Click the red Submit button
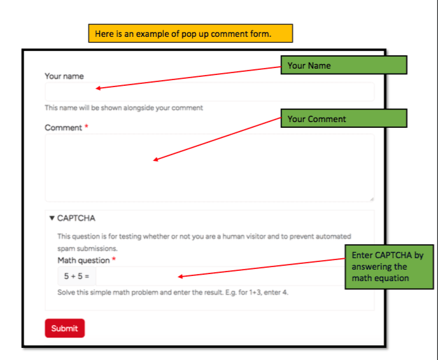64,328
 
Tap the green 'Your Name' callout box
343,66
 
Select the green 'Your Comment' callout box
343,119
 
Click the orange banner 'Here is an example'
190,34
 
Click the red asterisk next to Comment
87,127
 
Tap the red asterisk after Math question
114,260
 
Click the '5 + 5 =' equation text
76,277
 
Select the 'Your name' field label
64,76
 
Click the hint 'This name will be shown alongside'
124,107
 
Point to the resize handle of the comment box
371,198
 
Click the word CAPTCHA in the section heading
76,218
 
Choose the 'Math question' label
83,260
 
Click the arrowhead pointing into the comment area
156,160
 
